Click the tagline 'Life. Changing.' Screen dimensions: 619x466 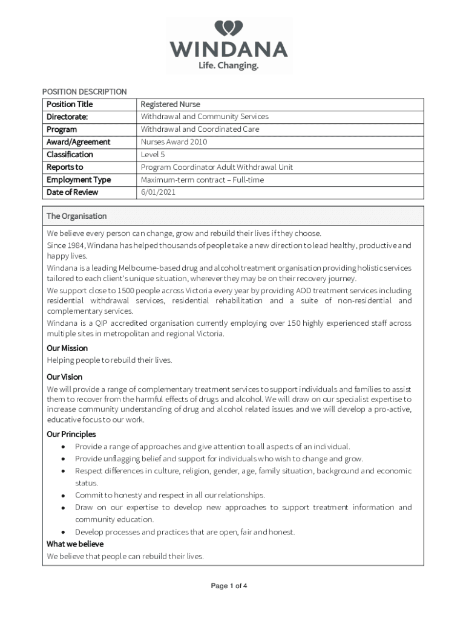tap(228, 66)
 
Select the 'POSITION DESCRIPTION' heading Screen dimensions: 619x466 tap(84, 92)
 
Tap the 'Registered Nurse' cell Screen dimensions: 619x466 tap(170, 104)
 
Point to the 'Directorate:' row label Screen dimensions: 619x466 tap(67, 117)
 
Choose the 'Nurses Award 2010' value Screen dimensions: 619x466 tap(174, 142)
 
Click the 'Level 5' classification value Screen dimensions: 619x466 tap(153, 155)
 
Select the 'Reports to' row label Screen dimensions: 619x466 tap(65, 167)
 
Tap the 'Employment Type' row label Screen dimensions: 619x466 tap(79, 180)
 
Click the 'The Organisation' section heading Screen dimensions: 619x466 tap(76, 216)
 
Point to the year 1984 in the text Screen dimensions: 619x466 tap(76, 245)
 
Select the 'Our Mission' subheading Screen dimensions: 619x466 tap(67, 348)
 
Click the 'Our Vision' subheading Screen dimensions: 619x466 tap(64, 377)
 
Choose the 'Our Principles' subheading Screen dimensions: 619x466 tap(71, 434)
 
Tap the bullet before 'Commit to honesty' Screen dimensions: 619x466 tap(64, 495)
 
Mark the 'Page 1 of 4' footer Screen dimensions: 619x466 tap(229, 586)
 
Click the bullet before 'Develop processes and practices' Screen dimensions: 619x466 tap(64, 532)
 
